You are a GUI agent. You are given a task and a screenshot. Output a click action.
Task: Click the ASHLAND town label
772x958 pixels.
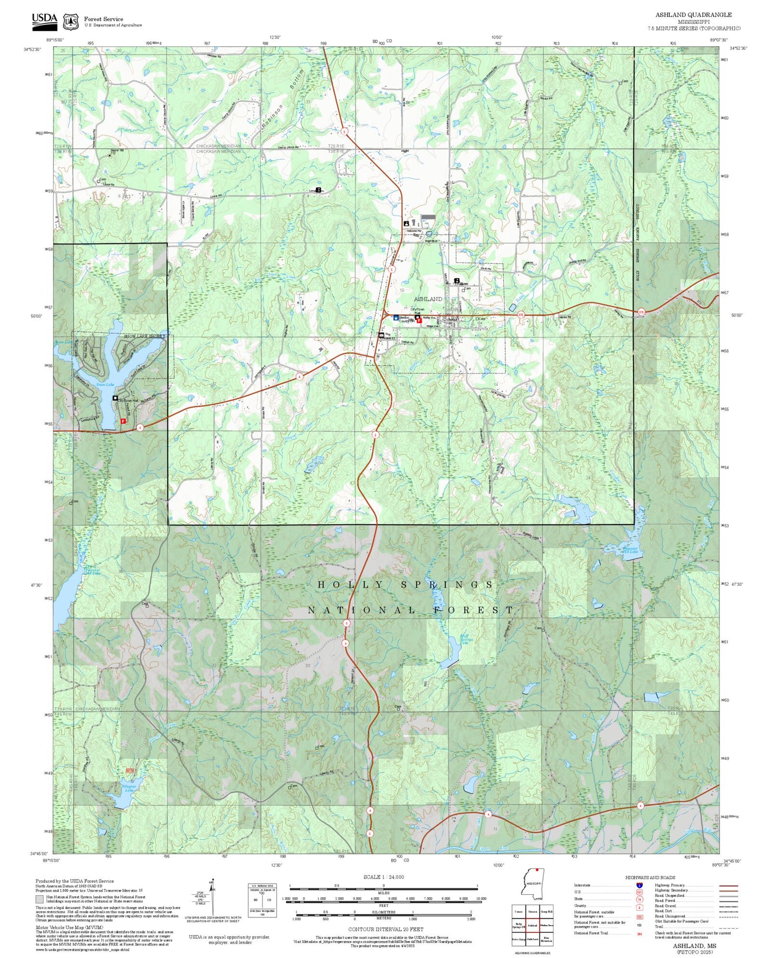coord(428,299)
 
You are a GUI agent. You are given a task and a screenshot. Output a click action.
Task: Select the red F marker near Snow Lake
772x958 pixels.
coord(123,421)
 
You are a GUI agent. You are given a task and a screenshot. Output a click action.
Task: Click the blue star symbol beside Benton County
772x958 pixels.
coord(396,318)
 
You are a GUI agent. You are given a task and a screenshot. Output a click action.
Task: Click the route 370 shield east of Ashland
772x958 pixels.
coord(521,314)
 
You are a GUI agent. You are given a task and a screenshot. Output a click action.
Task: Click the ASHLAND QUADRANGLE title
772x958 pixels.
coord(693,14)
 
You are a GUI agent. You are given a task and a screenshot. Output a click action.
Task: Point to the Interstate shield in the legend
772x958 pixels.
coord(639,885)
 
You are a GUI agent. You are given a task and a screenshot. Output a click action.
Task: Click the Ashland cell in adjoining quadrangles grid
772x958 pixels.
coord(532,925)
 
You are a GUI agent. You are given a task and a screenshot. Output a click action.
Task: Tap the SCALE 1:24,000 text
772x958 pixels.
coord(383,877)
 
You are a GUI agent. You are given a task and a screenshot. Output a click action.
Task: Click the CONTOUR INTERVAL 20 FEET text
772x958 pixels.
coord(385,929)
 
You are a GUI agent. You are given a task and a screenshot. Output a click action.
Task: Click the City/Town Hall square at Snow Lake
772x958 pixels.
coord(115,398)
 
